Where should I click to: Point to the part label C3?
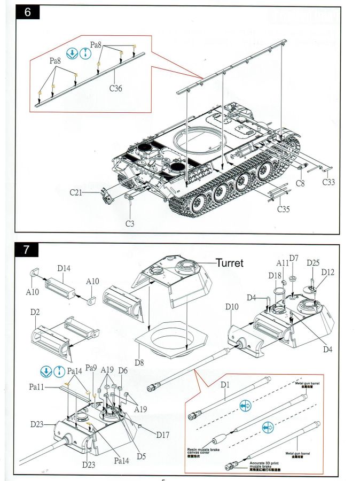pos(130,223)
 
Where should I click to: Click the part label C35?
pos(284,209)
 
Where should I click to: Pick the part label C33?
pos(330,183)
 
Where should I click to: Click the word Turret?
pos(230,262)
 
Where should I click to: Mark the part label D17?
pos(163,435)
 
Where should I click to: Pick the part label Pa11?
pos(37,386)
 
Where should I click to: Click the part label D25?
pos(313,262)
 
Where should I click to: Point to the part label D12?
pos(328,273)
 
